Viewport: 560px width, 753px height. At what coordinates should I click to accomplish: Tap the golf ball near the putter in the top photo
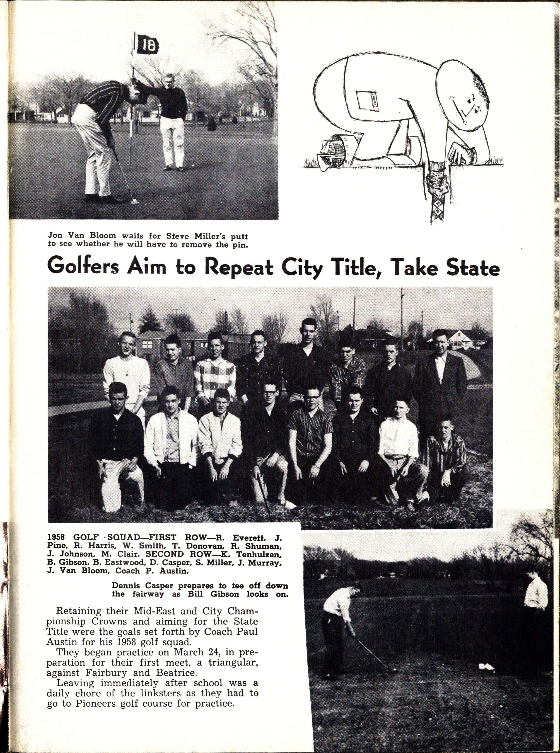tap(135, 201)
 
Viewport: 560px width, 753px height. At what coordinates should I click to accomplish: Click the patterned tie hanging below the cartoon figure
tap(437, 200)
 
